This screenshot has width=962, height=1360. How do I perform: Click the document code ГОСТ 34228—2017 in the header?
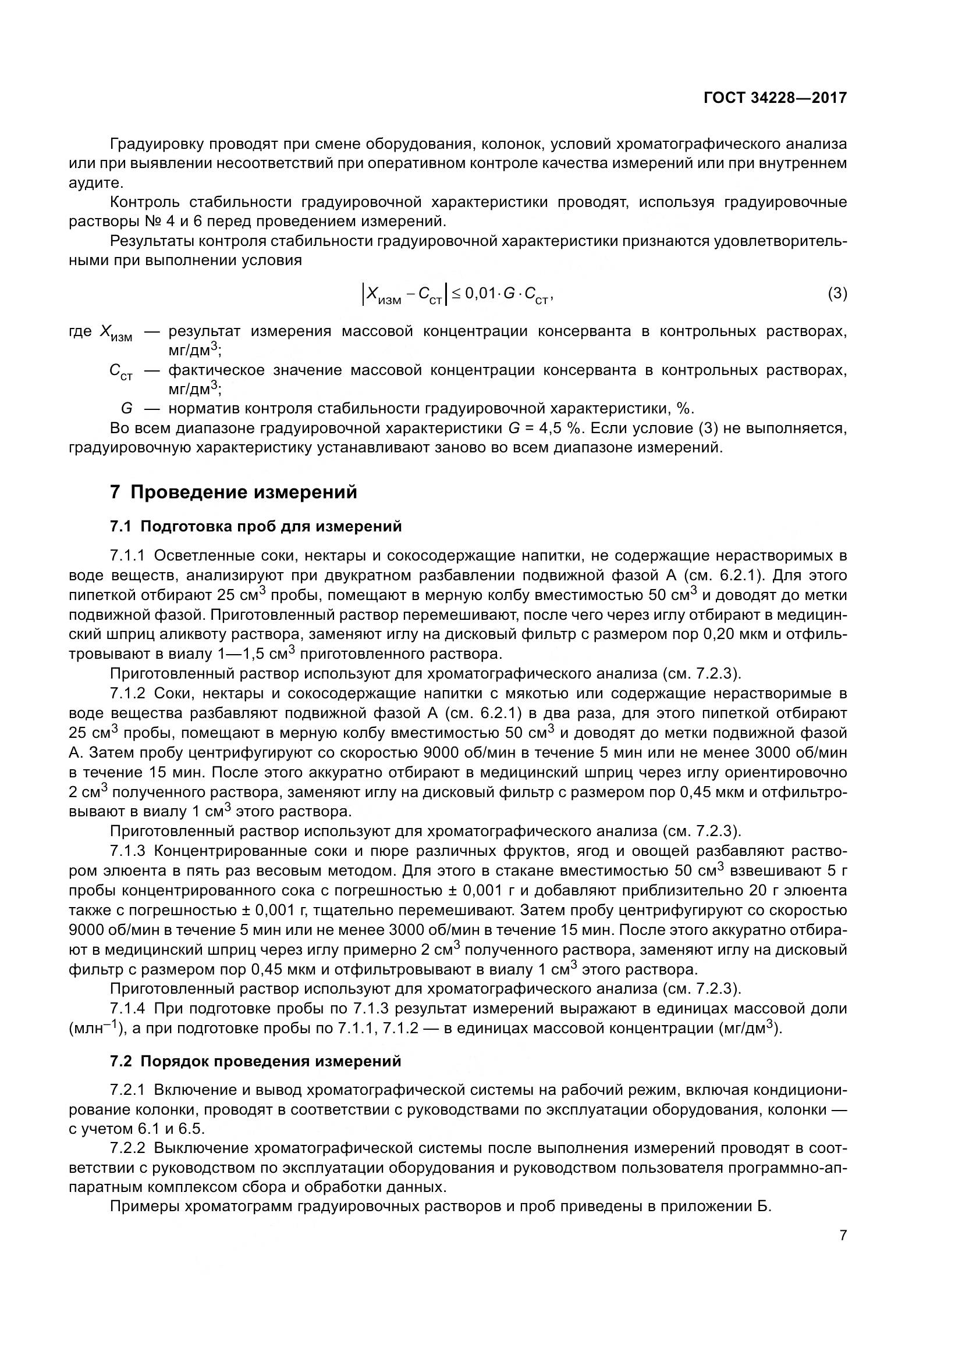pyautogui.click(x=775, y=98)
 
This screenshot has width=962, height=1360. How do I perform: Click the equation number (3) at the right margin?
pyautogui.click(x=837, y=293)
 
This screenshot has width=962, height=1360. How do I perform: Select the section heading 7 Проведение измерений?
pyautogui.click(x=233, y=492)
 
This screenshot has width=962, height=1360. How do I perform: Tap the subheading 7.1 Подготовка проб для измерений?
pyautogui.click(x=255, y=526)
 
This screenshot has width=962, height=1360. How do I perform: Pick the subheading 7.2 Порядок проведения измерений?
pyautogui.click(x=255, y=1061)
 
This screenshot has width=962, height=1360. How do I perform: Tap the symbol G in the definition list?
pyautogui.click(x=126, y=409)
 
